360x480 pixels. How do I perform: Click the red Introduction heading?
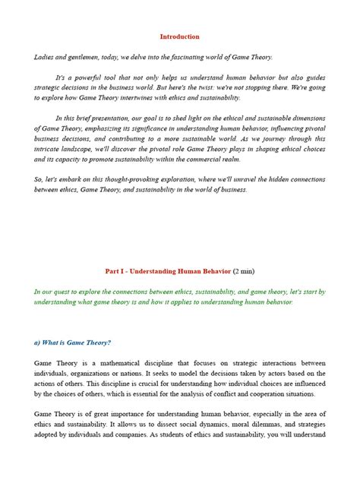pos(180,36)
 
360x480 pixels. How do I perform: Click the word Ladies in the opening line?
pos(45,57)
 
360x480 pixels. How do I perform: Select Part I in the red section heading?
pos(115,271)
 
